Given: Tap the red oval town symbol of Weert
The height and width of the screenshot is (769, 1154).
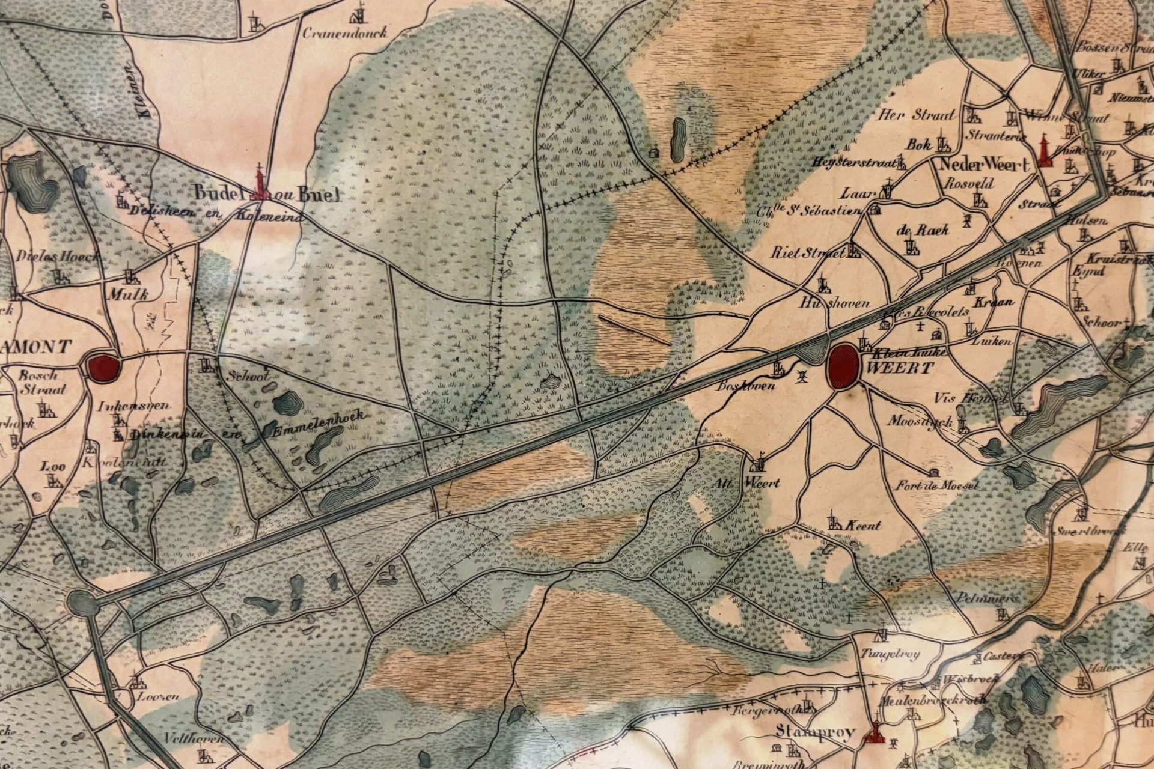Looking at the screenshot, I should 843,365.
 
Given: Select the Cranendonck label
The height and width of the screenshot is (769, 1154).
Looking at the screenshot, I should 344,33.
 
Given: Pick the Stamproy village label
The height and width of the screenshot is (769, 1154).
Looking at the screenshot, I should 816,732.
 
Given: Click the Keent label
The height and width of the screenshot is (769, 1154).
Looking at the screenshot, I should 863,526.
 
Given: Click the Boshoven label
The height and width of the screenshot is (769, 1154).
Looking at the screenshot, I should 737,387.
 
